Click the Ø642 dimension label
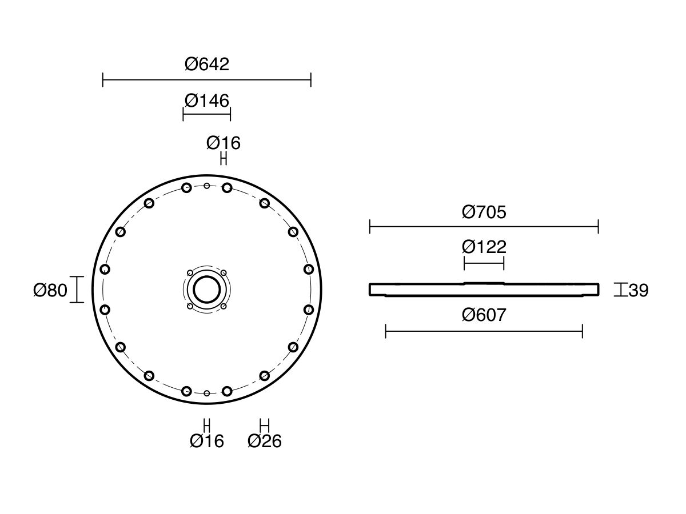click(207, 65)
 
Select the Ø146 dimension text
click(207, 101)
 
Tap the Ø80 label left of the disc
click(50, 290)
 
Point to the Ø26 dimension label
click(265, 441)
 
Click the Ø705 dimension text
click(484, 212)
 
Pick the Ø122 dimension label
click(484, 247)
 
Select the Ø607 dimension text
click(484, 315)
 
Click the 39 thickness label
click(638, 290)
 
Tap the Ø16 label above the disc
click(224, 143)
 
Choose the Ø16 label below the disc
click(207, 441)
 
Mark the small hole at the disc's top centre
click(206, 186)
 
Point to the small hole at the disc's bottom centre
click(206, 393)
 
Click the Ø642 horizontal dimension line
click(207, 80)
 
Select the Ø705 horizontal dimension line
click(484, 227)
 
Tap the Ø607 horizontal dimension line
click(484, 331)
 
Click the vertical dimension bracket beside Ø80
click(77, 290)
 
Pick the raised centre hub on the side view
click(484, 283)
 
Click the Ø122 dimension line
click(484, 263)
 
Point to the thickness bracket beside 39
click(621, 290)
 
